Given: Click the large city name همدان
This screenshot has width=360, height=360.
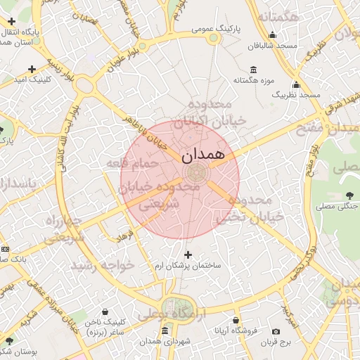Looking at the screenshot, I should point(202,153).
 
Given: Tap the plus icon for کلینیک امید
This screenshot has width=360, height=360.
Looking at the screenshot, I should point(32,69).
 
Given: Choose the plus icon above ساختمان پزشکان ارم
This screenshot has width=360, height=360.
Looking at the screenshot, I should point(187,255).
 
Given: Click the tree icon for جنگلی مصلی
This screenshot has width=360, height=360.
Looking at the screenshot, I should point(349,195).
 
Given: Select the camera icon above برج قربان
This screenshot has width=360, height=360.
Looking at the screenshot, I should point(276,331).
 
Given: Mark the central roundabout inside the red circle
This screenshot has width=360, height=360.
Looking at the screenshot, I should point(195,173).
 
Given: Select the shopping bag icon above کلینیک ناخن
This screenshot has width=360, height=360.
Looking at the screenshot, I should point(105,311).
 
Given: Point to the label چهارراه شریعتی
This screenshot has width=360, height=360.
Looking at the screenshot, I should point(65,229).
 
